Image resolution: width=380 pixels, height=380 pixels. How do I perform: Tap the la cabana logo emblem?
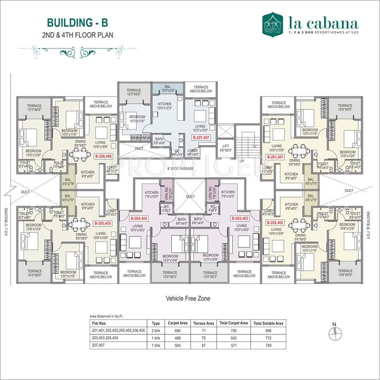273,23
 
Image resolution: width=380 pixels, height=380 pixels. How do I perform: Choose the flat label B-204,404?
139,218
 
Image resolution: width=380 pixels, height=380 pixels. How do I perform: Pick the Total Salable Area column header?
269,323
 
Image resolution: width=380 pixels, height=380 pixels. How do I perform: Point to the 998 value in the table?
269,331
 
